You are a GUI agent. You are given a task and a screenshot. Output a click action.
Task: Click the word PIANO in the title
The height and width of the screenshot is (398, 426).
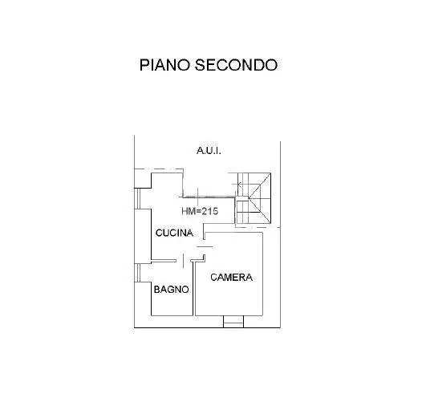point(164,65)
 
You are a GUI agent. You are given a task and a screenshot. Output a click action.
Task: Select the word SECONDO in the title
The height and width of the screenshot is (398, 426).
point(236,65)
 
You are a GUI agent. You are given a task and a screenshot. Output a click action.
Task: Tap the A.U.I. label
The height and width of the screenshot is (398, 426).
point(209,151)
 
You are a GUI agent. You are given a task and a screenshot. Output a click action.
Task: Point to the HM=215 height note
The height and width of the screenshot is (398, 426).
point(200,211)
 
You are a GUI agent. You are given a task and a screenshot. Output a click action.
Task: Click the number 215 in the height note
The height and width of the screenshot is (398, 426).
point(209,211)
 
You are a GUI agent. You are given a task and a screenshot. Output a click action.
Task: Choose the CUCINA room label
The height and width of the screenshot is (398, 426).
point(174,233)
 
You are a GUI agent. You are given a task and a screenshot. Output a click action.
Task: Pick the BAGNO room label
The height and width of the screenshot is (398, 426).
point(171,290)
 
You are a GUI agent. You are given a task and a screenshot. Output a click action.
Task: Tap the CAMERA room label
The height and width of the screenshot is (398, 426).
point(232,278)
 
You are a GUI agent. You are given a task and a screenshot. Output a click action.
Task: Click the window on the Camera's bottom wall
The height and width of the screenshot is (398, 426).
point(233,322)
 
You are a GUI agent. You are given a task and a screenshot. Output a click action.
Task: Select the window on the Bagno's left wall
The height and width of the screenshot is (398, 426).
point(138,273)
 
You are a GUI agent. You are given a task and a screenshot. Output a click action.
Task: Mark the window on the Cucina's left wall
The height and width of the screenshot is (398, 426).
point(138,198)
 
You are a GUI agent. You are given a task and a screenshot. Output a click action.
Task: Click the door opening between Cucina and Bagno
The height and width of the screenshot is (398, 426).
point(184,261)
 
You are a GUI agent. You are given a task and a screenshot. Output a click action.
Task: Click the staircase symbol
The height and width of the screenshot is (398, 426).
point(254,198)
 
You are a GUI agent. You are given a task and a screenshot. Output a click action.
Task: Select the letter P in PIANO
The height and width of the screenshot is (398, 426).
point(144,65)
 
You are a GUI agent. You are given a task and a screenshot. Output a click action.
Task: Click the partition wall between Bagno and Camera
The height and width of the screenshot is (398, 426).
point(194,289)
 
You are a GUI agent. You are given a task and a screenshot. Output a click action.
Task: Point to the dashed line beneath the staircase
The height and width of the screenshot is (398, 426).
point(258,227)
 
